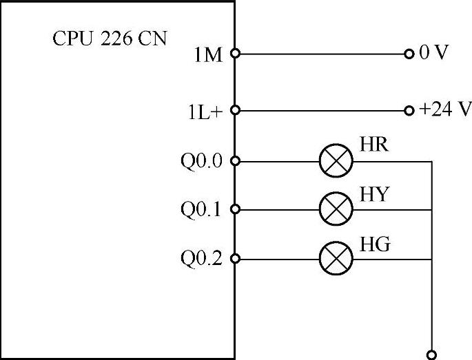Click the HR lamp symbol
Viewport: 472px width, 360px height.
[336, 162]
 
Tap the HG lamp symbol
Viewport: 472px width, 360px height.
[336, 259]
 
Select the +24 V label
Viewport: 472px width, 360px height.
[444, 110]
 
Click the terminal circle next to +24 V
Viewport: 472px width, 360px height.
[410, 110]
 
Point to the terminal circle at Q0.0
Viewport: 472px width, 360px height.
[235, 162]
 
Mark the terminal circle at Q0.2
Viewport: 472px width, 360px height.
[235, 259]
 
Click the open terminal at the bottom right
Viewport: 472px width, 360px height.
[432, 354]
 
